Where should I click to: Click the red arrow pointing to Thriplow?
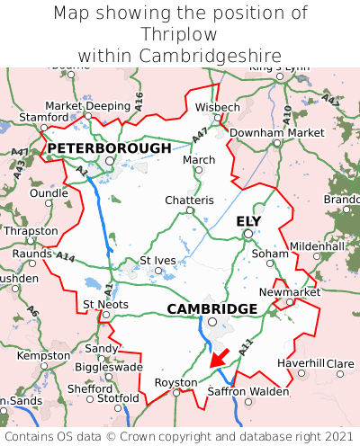tap(219, 357)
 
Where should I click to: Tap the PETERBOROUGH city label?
tap(108, 147)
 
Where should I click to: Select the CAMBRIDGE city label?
tap(212, 308)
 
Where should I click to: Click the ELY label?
tap(248, 220)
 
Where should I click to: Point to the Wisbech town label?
tap(218, 107)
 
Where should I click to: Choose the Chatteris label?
tap(189, 200)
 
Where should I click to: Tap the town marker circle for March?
tap(199, 170)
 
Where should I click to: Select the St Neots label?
tap(105, 304)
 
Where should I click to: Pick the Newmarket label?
tap(289, 293)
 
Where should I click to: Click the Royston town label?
tap(176, 381)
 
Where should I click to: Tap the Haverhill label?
tap(301, 362)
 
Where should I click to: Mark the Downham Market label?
tap(277, 132)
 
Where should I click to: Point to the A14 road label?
tap(66, 257)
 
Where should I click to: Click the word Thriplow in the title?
tap(180, 34)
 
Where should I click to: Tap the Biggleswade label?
tap(107, 367)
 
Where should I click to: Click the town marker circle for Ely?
tap(248, 235)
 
